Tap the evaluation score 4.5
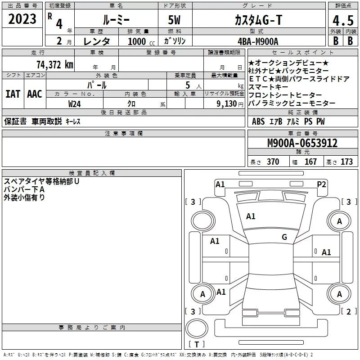342,21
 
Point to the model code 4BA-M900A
257,41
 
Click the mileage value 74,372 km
54,65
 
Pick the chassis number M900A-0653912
302,143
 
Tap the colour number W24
75,103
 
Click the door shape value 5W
175,20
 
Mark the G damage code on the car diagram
284,237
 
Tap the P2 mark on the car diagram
321,184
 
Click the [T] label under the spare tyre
196,345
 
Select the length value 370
273,162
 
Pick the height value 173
347,162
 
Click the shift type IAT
12,94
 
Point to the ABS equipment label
258,121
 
